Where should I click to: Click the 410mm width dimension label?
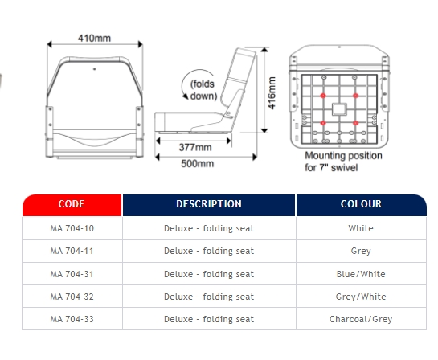(94, 38)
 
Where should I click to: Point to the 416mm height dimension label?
(272, 92)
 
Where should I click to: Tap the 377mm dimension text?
(195, 147)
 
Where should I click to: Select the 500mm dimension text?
(197, 163)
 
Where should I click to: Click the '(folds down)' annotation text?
(203, 90)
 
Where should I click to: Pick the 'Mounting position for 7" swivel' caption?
(343, 162)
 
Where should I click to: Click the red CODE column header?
(72, 205)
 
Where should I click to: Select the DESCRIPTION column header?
(209, 205)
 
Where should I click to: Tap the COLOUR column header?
(361, 205)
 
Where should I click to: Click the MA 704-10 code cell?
(72, 228)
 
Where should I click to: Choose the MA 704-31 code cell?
(72, 274)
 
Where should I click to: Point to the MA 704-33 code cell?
(72, 319)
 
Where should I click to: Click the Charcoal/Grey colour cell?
(361, 319)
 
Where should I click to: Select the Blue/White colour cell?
(361, 274)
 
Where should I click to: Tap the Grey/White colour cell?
(361, 297)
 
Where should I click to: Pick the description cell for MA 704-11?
(209, 251)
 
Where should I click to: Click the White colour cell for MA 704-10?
(361, 228)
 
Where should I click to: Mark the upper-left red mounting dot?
(323, 96)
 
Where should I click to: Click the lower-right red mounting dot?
(355, 123)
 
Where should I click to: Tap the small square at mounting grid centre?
(339, 109)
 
